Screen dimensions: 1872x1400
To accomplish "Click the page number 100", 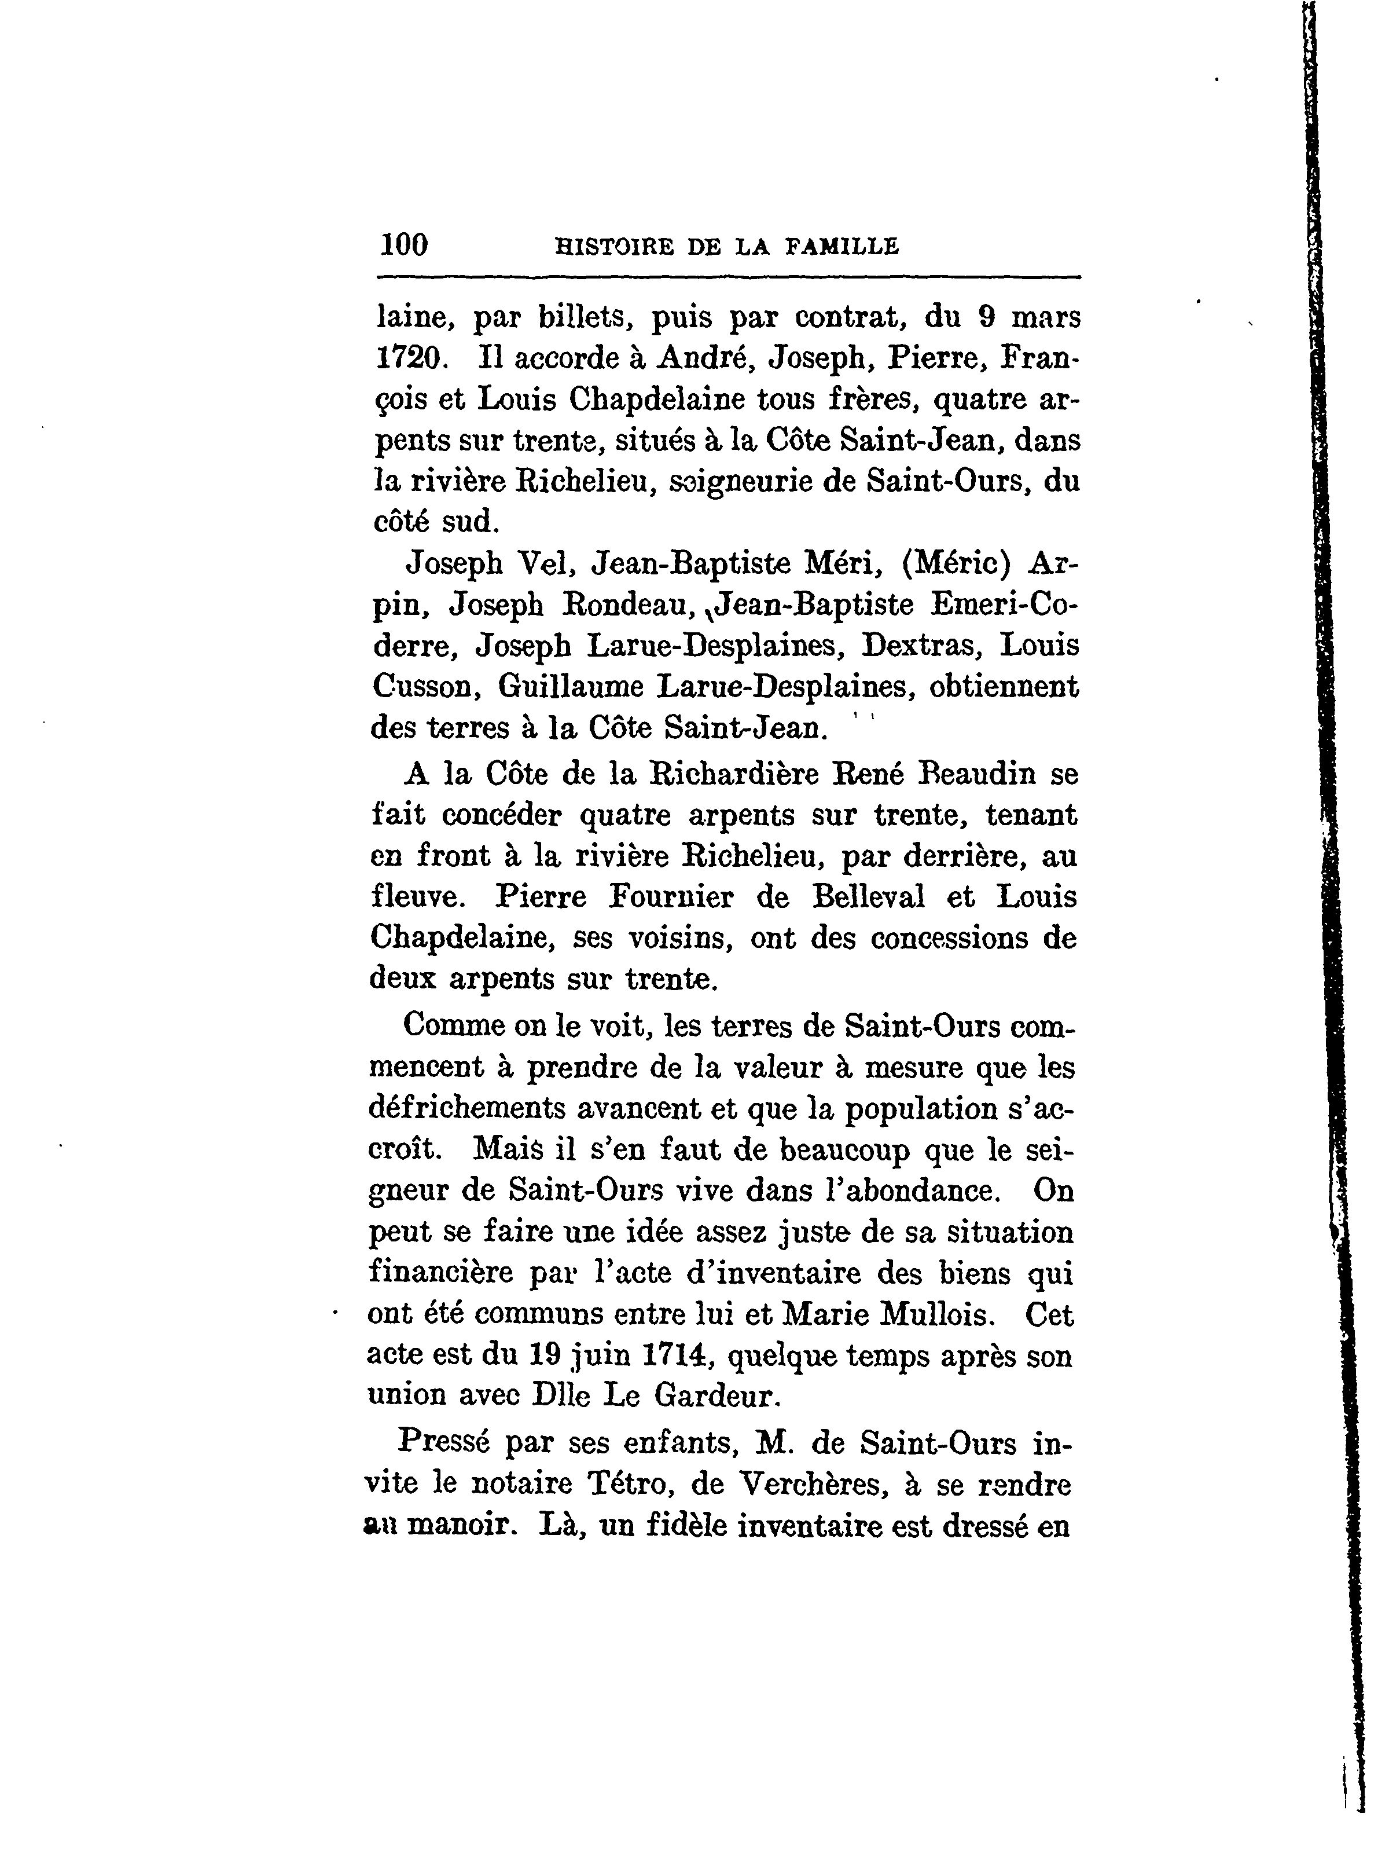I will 405,246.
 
